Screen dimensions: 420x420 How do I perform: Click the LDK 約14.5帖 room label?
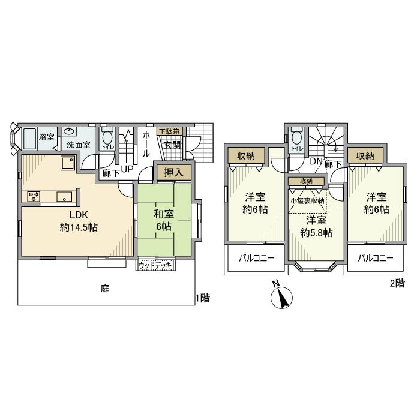coord(79,221)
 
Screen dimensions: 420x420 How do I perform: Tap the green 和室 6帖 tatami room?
coord(164,219)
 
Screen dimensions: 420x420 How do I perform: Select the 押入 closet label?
coord(174,172)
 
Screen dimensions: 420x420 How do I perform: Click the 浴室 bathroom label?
coord(46,137)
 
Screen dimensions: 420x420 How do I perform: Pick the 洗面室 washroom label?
coord(78,145)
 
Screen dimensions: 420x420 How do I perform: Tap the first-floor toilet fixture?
coord(107,137)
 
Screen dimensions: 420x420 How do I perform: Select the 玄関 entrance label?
coord(172,145)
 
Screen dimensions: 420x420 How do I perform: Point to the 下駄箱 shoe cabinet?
coord(169,130)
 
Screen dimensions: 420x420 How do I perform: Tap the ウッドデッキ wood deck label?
coord(155,265)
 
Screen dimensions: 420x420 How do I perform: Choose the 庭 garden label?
coord(104,289)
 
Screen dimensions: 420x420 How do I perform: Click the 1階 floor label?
coord(203,298)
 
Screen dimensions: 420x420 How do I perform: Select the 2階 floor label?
coord(397,284)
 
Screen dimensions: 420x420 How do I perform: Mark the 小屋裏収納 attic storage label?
coord(307,201)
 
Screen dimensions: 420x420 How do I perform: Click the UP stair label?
coord(127,169)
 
